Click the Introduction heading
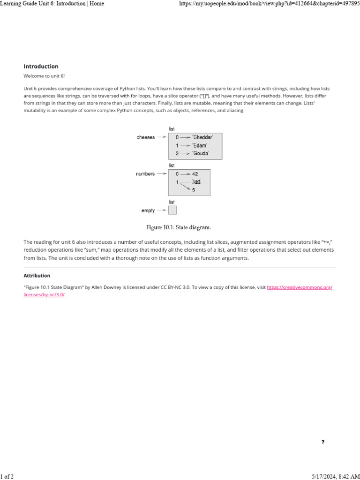[41, 67]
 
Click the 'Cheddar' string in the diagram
[202, 137]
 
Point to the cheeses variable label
[146, 137]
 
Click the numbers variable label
[145, 174]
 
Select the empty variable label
[148, 210]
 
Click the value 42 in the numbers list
[195, 174]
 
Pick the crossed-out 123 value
[197, 182]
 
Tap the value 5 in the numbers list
[194, 190]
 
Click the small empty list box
[172, 210]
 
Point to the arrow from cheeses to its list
[161, 137]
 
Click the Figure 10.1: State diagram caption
[179, 227]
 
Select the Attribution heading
[37, 276]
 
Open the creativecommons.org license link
[300, 287]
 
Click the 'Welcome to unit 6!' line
[41, 76]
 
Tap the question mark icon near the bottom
[323, 442]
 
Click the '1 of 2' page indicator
[7, 476]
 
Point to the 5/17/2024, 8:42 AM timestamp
[335, 476]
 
